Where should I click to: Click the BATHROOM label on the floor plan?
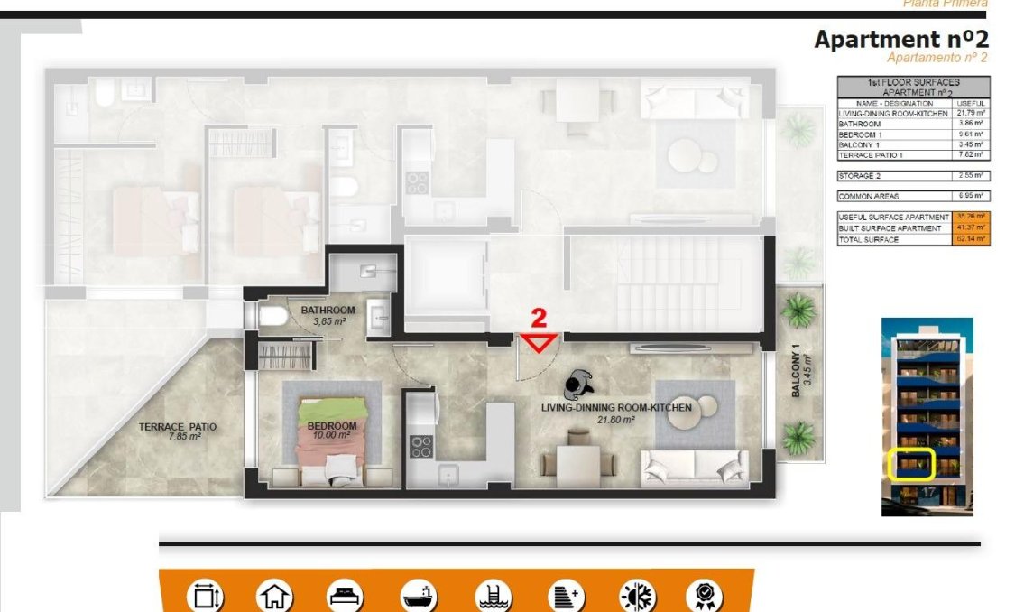[x=328, y=310]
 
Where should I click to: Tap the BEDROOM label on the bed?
[x=331, y=426]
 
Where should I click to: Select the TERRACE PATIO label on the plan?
[x=177, y=427]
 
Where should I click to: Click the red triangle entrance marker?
[x=540, y=342]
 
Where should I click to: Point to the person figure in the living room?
[x=575, y=385]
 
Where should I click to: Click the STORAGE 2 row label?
[x=860, y=176]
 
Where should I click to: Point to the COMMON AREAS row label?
[x=869, y=196]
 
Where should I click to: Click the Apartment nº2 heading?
[x=900, y=40]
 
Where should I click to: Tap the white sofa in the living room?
[x=694, y=466]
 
